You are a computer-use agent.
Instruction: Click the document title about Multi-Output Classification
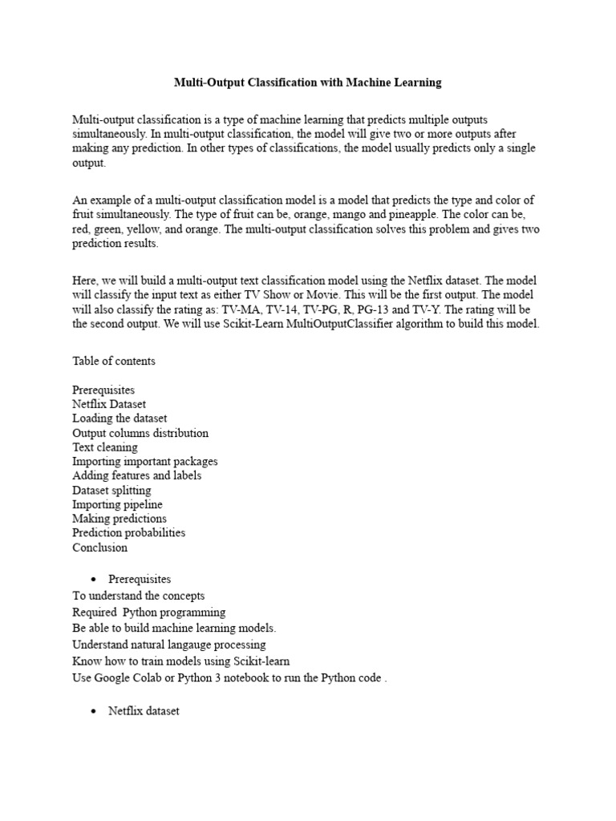[308, 83]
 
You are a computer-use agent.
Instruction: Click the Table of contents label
[114, 361]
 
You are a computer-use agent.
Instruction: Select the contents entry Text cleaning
[104, 447]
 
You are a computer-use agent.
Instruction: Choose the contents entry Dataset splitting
[111, 490]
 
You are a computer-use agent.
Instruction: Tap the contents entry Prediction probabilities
[128, 533]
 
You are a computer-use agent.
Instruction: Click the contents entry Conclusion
[99, 548]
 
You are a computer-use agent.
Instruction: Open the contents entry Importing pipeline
[117, 504]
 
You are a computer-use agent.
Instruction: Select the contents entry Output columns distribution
[140, 433]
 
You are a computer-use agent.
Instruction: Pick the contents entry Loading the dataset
[120, 419]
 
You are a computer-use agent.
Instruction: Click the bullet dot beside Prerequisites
[95, 580]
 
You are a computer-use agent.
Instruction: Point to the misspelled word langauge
[211, 645]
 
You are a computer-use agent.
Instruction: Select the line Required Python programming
[148, 613]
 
